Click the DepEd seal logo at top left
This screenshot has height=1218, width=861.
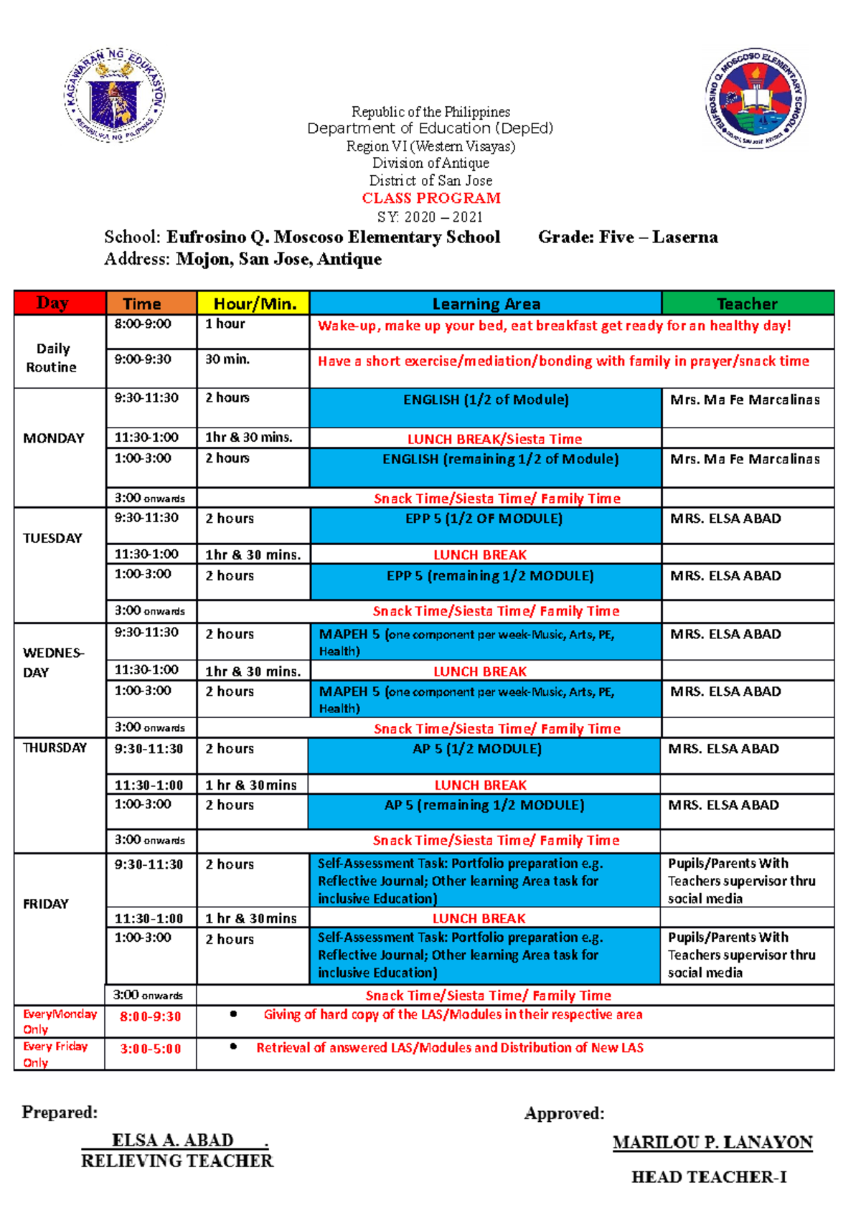pyautogui.click(x=115, y=95)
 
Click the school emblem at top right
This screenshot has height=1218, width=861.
pyautogui.click(x=755, y=99)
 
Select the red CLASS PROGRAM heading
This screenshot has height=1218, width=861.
pyautogui.click(x=430, y=198)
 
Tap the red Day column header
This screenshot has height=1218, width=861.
pyautogui.click(x=52, y=303)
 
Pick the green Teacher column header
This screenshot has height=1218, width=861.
pyautogui.click(x=747, y=303)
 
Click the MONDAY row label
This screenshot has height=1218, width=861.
pyautogui.click(x=54, y=438)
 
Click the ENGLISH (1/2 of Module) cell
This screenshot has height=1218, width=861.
pyautogui.click(x=486, y=400)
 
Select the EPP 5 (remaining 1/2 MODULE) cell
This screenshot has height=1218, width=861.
pyautogui.click(x=490, y=576)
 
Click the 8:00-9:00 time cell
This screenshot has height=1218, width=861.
pyautogui.click(x=143, y=324)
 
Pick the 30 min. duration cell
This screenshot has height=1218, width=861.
pyautogui.click(x=227, y=359)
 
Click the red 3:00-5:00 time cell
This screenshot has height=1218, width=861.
pyautogui.click(x=150, y=1049)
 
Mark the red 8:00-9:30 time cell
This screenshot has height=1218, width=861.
pyautogui.click(x=150, y=1016)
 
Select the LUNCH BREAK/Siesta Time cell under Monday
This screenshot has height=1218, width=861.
pyautogui.click(x=494, y=439)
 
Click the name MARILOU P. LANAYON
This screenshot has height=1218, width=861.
pyautogui.click(x=712, y=1143)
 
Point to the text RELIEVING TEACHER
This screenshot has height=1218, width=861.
pyautogui.click(x=177, y=1161)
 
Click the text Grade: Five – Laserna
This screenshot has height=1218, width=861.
pyautogui.click(x=628, y=237)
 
